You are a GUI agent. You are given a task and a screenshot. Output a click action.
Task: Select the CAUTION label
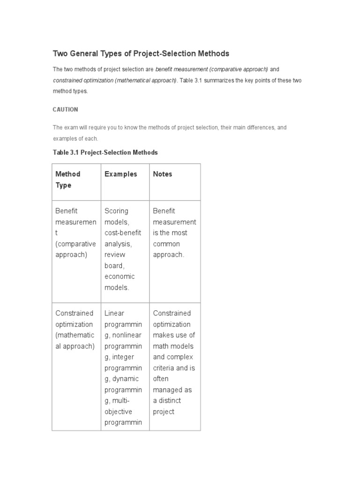pyautogui.click(x=65, y=110)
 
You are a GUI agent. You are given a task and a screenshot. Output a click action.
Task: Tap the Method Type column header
pyautogui.click(x=68, y=180)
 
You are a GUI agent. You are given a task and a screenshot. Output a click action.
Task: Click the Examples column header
pyautogui.click(x=121, y=174)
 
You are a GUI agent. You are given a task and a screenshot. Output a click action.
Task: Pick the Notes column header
pyautogui.click(x=163, y=174)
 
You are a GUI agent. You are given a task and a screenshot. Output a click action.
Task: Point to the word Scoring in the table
pyautogui.click(x=116, y=211)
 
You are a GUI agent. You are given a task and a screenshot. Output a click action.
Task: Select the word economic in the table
pyautogui.click(x=120, y=277)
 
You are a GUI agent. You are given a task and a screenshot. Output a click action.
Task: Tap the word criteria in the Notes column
pyautogui.click(x=164, y=368)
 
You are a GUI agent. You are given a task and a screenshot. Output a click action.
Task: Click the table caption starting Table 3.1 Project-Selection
pyautogui.click(x=105, y=153)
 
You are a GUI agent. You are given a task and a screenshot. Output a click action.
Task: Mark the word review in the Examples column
pyautogui.click(x=114, y=255)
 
